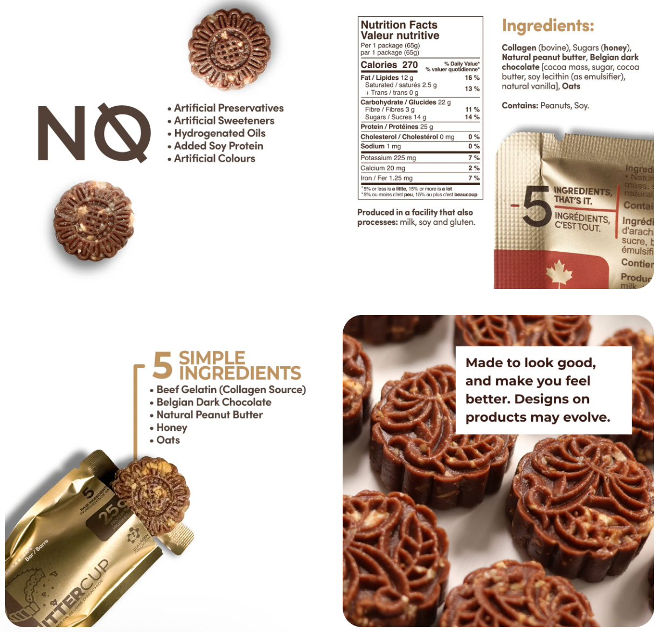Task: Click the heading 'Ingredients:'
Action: click(x=548, y=26)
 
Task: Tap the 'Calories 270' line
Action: click(x=389, y=65)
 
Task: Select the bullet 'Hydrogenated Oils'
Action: click(x=219, y=133)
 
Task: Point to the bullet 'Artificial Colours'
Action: click(x=214, y=159)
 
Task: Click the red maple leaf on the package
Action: click(x=559, y=272)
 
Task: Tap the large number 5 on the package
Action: click(x=536, y=205)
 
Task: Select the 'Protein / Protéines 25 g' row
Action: click(x=397, y=127)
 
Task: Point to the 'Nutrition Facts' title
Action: click(x=399, y=25)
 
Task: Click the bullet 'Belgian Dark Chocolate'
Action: click(x=213, y=402)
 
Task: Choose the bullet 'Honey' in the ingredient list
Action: click(x=171, y=428)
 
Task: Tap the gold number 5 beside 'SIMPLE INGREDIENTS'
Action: click(x=162, y=366)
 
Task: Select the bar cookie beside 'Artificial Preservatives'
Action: click(x=228, y=48)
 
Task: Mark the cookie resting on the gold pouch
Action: click(x=151, y=496)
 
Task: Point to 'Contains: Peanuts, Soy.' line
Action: click(x=545, y=106)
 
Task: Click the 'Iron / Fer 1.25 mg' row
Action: click(x=386, y=178)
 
